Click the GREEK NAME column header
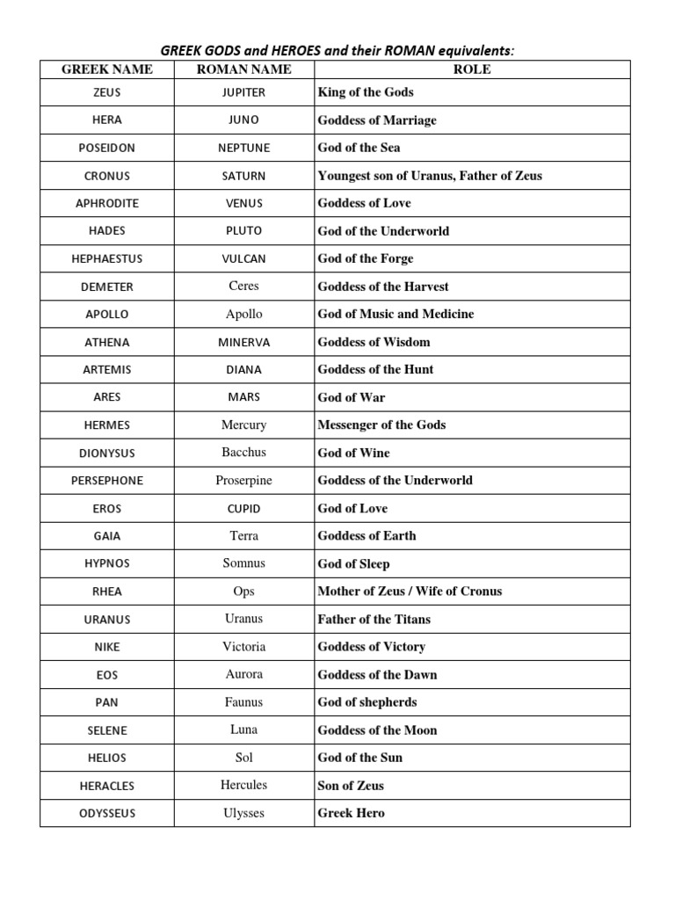107,69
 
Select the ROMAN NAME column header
243,69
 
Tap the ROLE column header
472,69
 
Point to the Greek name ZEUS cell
107,92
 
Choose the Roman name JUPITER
243,92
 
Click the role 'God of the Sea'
359,148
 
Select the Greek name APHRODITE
107,203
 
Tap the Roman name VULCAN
243,258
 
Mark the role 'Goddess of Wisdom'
374,342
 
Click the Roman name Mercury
243,425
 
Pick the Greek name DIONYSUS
107,453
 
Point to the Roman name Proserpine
243,480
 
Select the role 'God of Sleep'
353,563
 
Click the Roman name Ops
243,591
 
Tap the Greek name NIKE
107,647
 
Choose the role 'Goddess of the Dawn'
377,674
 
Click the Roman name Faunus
243,702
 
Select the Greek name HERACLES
107,786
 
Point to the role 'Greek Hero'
351,813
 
